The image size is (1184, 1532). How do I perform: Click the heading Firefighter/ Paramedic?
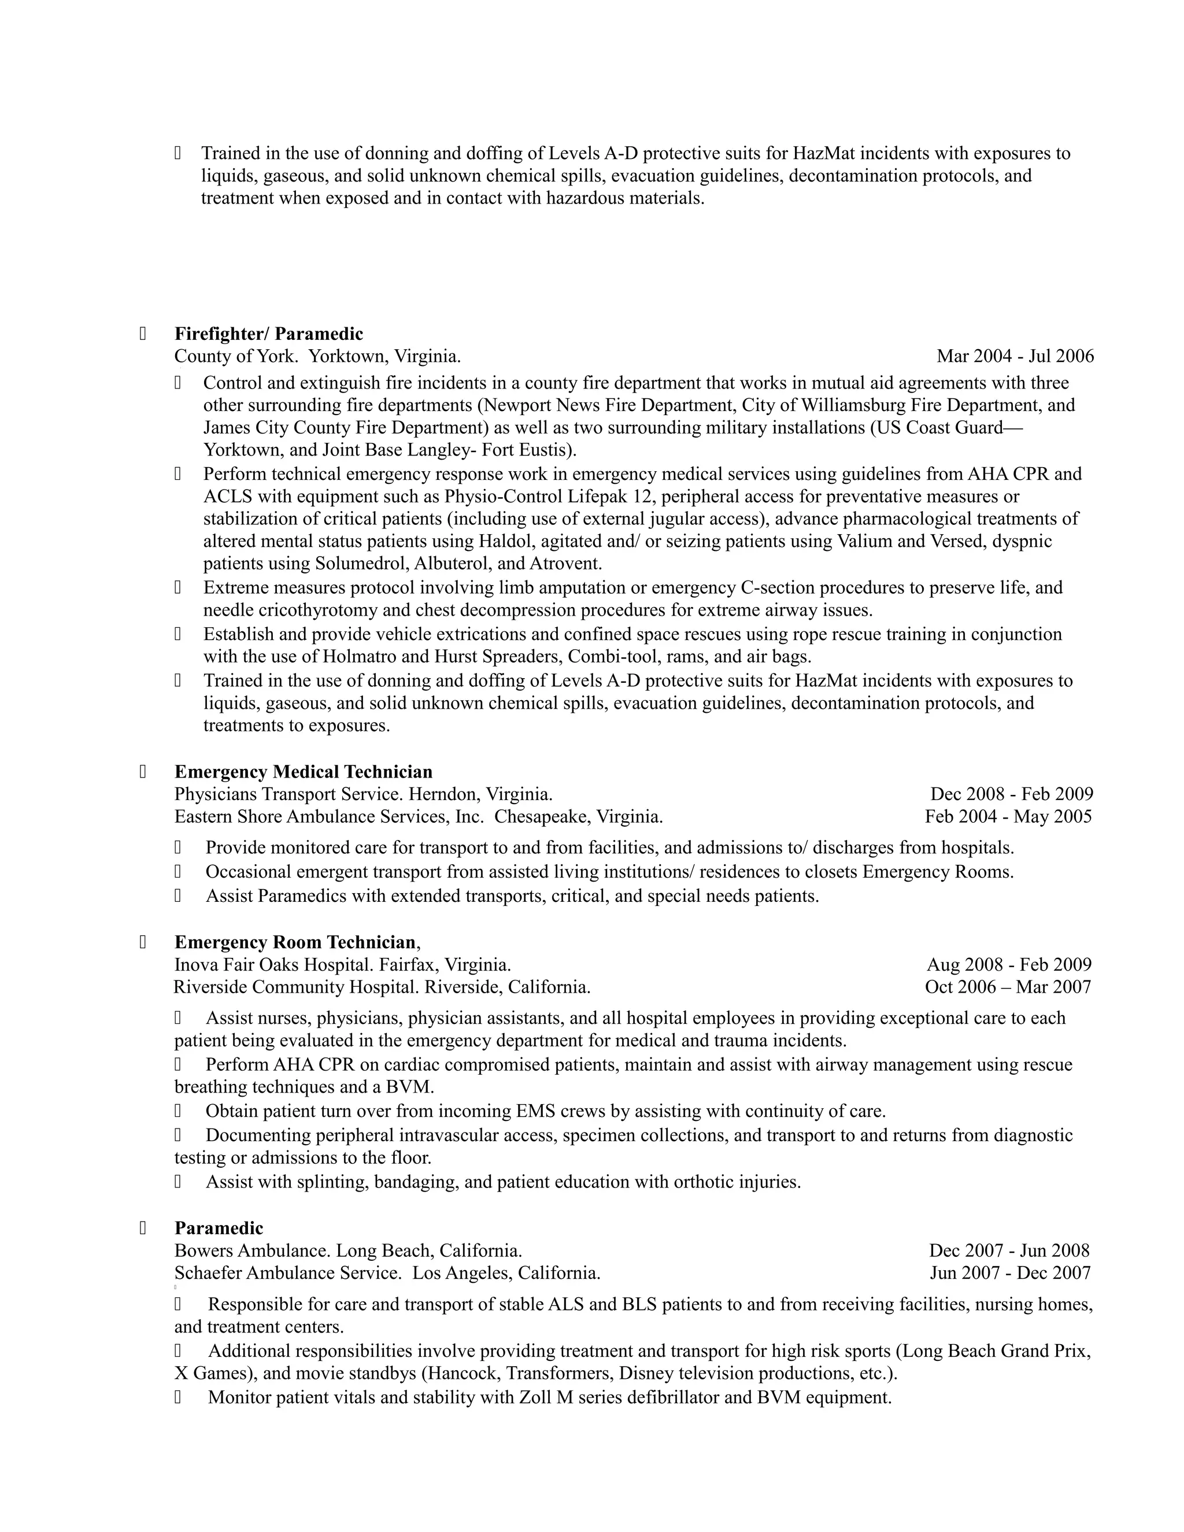(x=269, y=334)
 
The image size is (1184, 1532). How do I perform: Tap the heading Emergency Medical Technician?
(x=303, y=772)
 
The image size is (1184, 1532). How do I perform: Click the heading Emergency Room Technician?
(x=295, y=942)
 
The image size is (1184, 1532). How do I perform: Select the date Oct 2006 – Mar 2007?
(x=1007, y=987)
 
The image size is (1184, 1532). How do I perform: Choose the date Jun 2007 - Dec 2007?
(x=1009, y=1273)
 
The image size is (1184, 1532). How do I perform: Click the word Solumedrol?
(x=362, y=563)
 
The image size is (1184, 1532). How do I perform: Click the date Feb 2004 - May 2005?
(x=1008, y=816)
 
